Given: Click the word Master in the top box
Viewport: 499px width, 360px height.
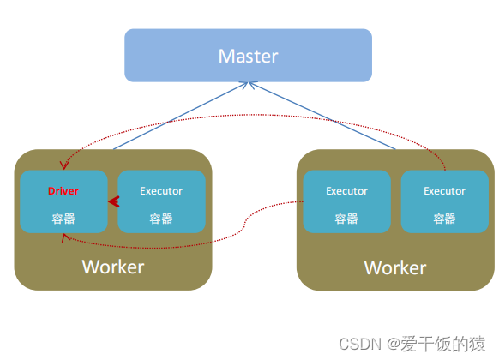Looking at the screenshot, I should tap(248, 57).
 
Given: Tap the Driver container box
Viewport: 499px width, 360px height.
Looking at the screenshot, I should tap(64, 202).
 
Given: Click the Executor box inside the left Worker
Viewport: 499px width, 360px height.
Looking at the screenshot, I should tap(161, 202).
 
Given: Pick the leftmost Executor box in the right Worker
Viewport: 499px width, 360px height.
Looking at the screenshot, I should tap(347, 202).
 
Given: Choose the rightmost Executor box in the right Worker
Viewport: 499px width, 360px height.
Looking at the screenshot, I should tap(444, 202).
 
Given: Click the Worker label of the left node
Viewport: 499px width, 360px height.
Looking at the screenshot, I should tap(113, 267).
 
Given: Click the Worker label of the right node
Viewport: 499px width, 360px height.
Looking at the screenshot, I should tap(395, 267).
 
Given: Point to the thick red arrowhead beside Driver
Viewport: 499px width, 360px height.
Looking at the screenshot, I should tap(112, 202).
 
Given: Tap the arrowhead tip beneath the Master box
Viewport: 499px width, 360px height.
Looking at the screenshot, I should tap(249, 84).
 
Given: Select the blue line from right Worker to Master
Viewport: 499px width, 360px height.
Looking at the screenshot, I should tap(322, 116).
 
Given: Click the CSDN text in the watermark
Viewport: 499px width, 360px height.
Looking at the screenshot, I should tap(359, 344).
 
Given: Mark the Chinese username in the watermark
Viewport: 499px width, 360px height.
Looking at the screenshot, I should tap(447, 344).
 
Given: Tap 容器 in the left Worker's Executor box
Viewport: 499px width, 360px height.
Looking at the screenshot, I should tap(161, 219).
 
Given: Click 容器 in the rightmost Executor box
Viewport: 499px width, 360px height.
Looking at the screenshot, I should tap(444, 219).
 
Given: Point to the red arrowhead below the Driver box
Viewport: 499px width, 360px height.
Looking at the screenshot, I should tap(63, 238).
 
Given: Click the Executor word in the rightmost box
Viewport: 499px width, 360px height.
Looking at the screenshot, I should tap(444, 191).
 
